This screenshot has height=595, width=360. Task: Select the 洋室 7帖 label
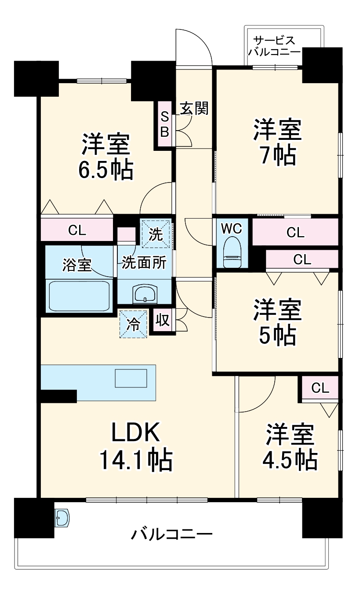pos(276,142)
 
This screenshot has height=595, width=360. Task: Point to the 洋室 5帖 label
pos(276,323)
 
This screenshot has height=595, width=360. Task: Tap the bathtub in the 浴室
pos(79,296)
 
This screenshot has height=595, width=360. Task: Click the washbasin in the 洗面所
pos(145,293)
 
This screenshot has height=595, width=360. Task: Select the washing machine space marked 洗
pos(155,234)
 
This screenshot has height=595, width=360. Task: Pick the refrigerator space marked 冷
pos(133,325)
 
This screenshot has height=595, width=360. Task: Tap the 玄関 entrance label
pos(194,108)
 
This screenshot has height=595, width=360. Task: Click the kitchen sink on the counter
pos(131,378)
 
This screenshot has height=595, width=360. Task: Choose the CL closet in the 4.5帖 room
pos(320,388)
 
